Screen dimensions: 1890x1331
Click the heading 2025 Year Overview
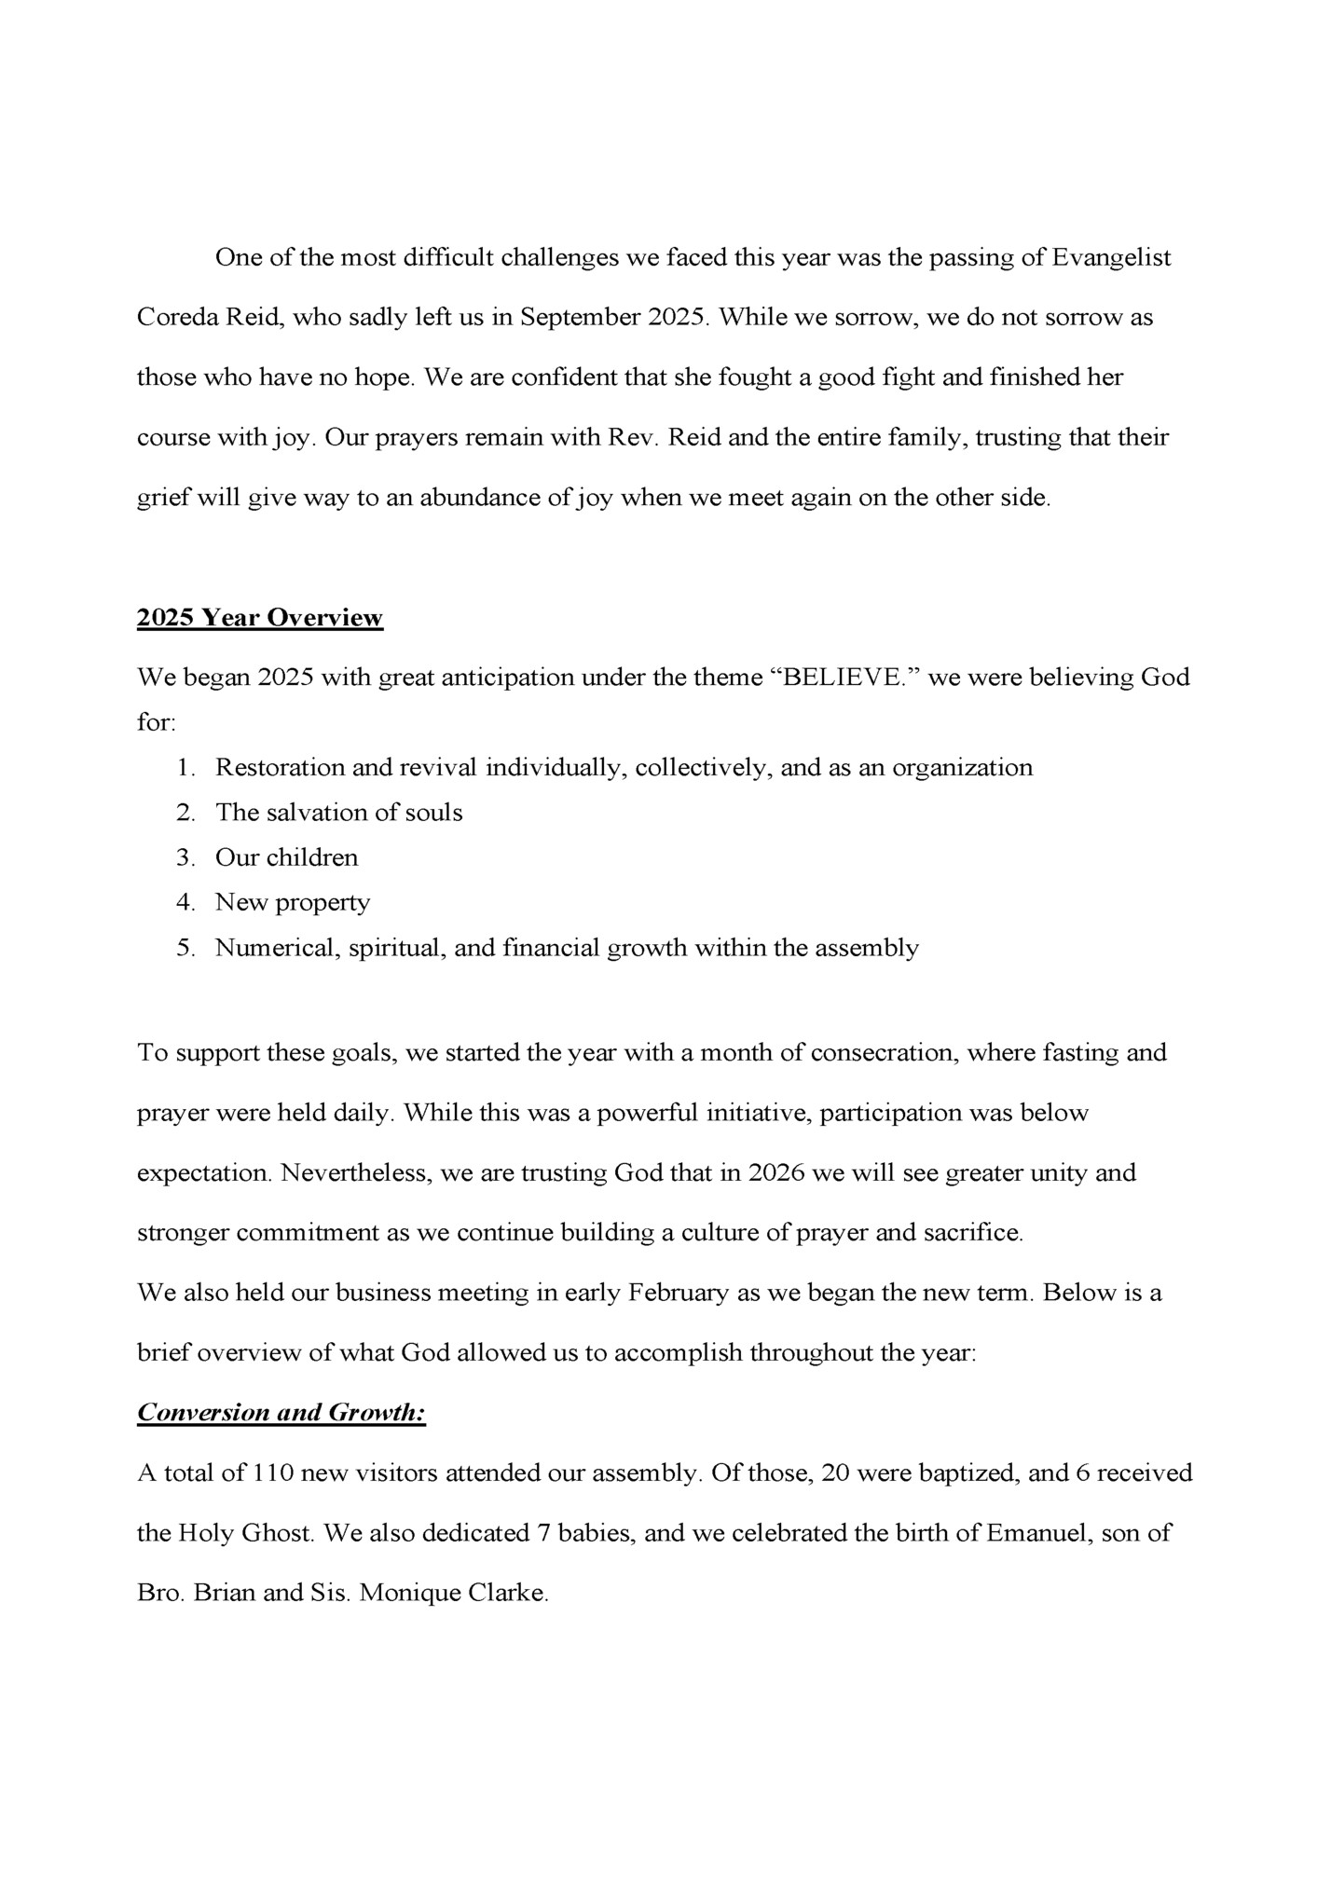pos(259,618)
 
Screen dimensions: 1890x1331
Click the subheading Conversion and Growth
pos(281,1413)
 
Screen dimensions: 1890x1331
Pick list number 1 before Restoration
pos(185,768)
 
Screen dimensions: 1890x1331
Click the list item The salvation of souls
pos(338,813)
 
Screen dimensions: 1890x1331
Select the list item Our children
pos(286,857)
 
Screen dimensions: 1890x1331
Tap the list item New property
pos(292,902)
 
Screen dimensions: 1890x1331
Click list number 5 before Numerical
pos(185,948)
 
